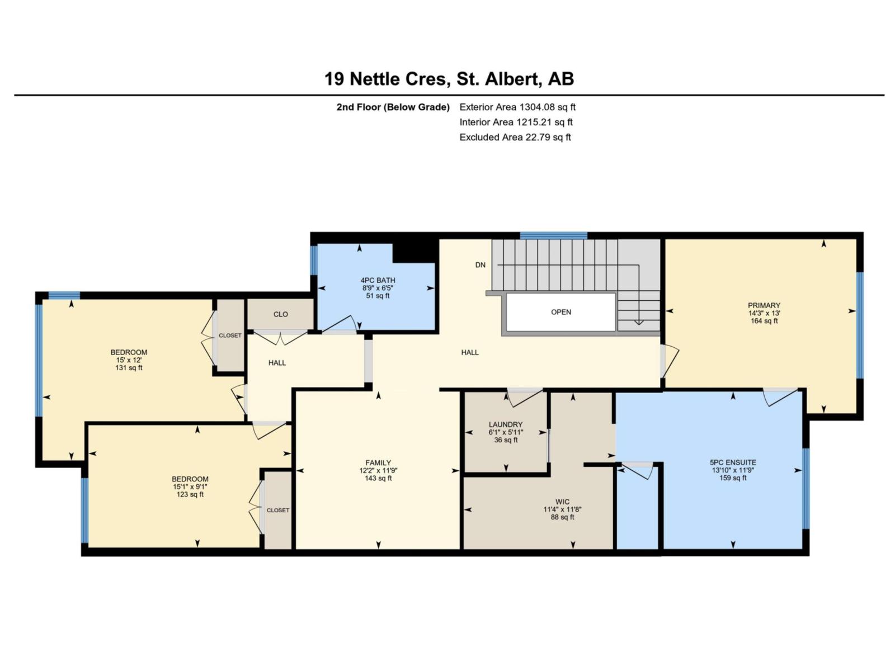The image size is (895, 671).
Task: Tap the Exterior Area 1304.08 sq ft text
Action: tap(517, 107)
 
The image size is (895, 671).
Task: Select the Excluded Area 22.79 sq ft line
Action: tap(515, 137)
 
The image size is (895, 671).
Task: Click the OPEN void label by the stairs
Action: tap(560, 312)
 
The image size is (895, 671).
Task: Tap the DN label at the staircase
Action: tap(480, 265)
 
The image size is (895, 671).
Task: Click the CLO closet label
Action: tap(280, 314)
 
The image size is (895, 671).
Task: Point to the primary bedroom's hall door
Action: tap(670, 361)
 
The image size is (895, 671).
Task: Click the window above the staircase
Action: tap(553, 235)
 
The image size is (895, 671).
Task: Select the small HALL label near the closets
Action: tap(277, 363)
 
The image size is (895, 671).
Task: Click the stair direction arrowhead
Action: tap(638, 322)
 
